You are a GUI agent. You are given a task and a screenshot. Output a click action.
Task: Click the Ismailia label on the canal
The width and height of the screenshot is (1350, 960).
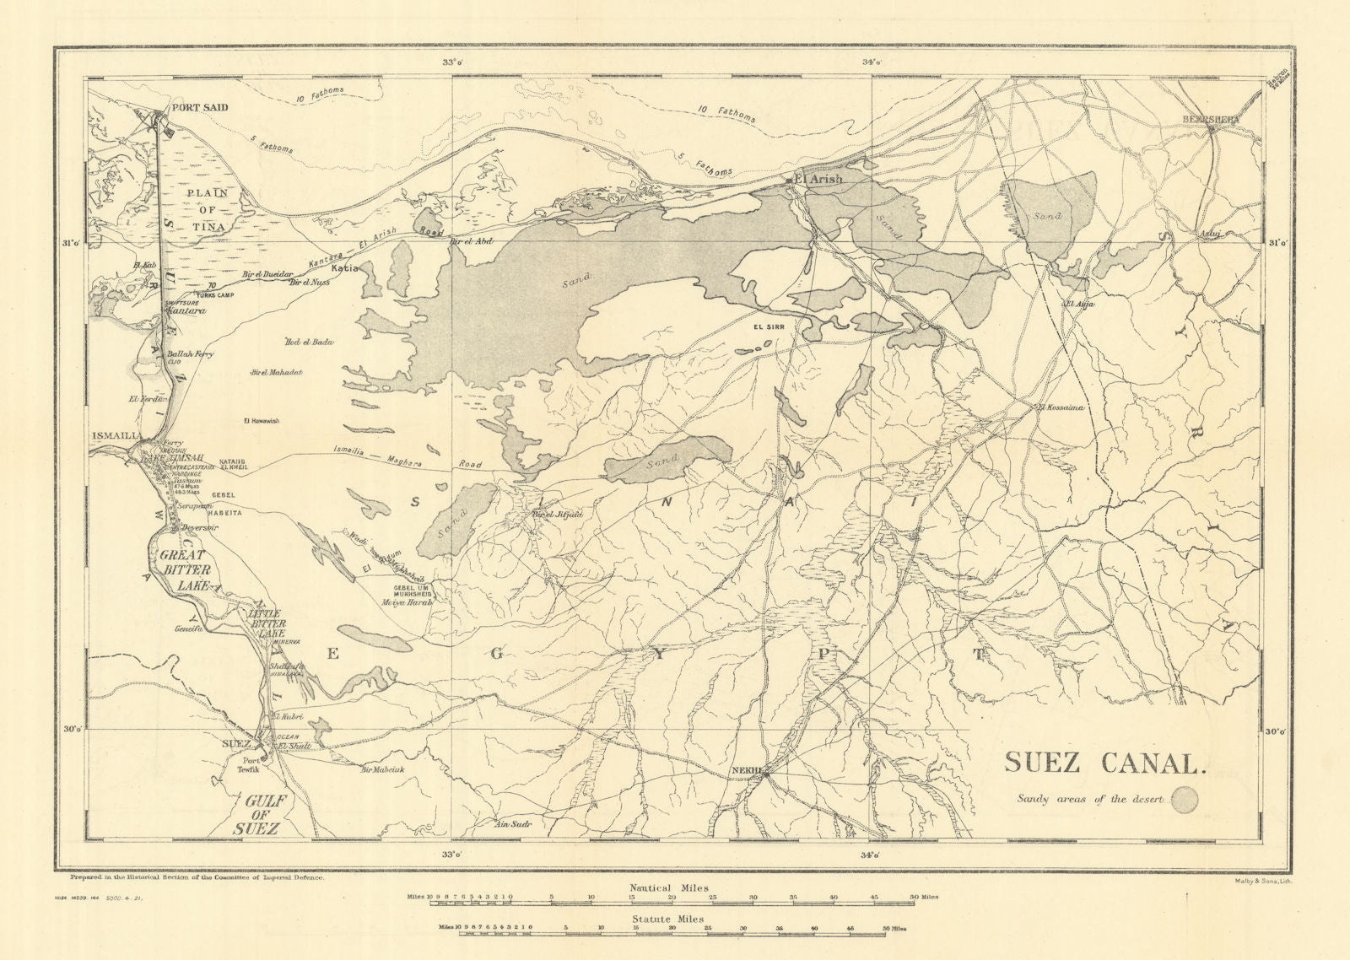click(116, 436)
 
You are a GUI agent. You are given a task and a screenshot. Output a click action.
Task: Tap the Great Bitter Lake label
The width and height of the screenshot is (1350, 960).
click(184, 569)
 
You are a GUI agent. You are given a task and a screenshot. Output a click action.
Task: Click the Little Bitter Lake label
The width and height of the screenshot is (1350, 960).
click(267, 623)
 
